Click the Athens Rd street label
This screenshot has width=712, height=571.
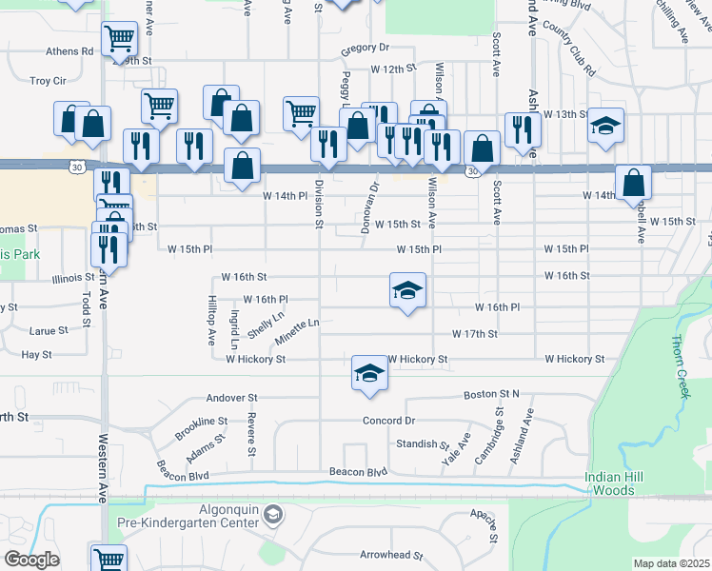(73, 50)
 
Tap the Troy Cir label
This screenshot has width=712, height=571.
(48, 81)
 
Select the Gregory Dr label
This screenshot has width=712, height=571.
(366, 47)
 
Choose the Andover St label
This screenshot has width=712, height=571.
(232, 397)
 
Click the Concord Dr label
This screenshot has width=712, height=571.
(389, 421)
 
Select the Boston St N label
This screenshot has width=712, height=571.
(491, 394)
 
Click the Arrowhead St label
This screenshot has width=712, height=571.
(389, 555)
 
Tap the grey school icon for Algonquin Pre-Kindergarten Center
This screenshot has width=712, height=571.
(273, 515)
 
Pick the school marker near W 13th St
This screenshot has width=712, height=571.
(604, 128)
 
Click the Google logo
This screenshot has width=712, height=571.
(30, 560)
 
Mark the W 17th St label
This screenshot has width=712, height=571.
(475, 334)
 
